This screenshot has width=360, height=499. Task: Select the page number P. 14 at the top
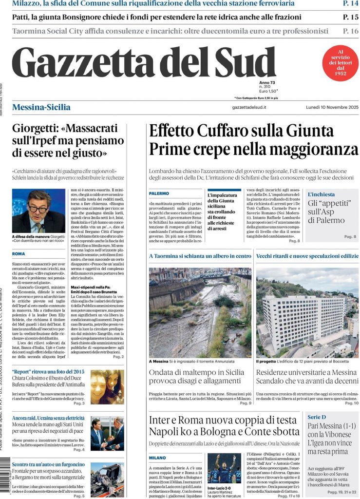pos(350,4)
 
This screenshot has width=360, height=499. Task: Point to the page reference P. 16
pos(350,31)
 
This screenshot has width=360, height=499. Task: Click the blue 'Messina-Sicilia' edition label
pos(41,107)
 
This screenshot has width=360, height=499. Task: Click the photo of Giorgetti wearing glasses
pos(38,211)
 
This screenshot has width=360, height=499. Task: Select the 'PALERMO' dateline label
pos(159,194)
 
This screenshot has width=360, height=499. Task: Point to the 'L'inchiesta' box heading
pos(321,194)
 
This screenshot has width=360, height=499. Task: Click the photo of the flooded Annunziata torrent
pos(200,312)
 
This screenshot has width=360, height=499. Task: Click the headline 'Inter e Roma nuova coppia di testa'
pos(223,420)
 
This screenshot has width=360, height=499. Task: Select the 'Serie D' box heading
pos(317,417)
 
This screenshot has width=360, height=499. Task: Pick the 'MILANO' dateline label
pos(158,458)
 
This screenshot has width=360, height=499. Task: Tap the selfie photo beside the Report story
pos(107,386)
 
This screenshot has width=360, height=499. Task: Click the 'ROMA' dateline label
pos(19,254)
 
